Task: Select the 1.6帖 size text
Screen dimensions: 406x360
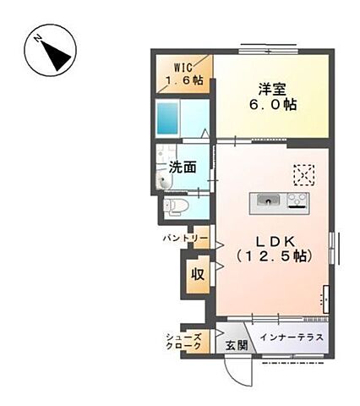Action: tap(184, 80)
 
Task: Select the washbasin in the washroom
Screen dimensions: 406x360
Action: tap(165, 179)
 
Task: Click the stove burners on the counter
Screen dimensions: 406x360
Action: tap(297, 200)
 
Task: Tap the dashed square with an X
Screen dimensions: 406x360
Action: tap(303, 173)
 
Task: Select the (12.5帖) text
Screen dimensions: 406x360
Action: tap(272, 255)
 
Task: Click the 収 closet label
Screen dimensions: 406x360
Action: tap(197, 274)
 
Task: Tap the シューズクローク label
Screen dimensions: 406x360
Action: tap(183, 341)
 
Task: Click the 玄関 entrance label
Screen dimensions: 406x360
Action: tap(237, 344)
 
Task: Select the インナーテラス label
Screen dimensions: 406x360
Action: tap(290, 338)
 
